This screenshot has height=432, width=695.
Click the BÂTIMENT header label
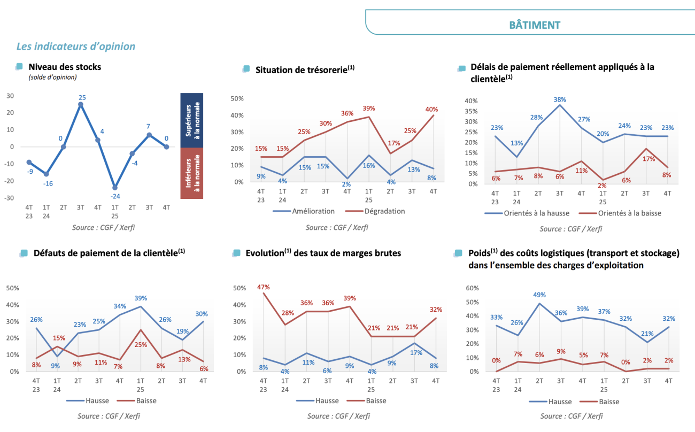[x=535, y=25]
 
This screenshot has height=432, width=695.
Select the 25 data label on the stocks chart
[x=82, y=98]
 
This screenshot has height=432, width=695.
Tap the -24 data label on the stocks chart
[x=115, y=196]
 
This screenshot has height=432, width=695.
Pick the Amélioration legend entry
[x=313, y=211]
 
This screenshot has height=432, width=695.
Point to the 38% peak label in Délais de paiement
[x=560, y=99]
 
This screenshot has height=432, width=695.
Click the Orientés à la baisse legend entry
[x=629, y=213]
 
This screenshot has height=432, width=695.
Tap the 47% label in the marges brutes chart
[x=264, y=287]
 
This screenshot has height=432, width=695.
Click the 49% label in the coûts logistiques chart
[x=539, y=295]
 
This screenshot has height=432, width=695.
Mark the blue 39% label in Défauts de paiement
[x=141, y=298]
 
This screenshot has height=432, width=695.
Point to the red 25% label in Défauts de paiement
[x=141, y=345]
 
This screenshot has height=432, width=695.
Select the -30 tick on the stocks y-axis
[x=10, y=198]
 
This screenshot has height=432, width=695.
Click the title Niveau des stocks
[x=65, y=67]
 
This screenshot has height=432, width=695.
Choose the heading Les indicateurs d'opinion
[x=76, y=47]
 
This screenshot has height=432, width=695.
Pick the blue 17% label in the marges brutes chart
[x=414, y=352]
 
